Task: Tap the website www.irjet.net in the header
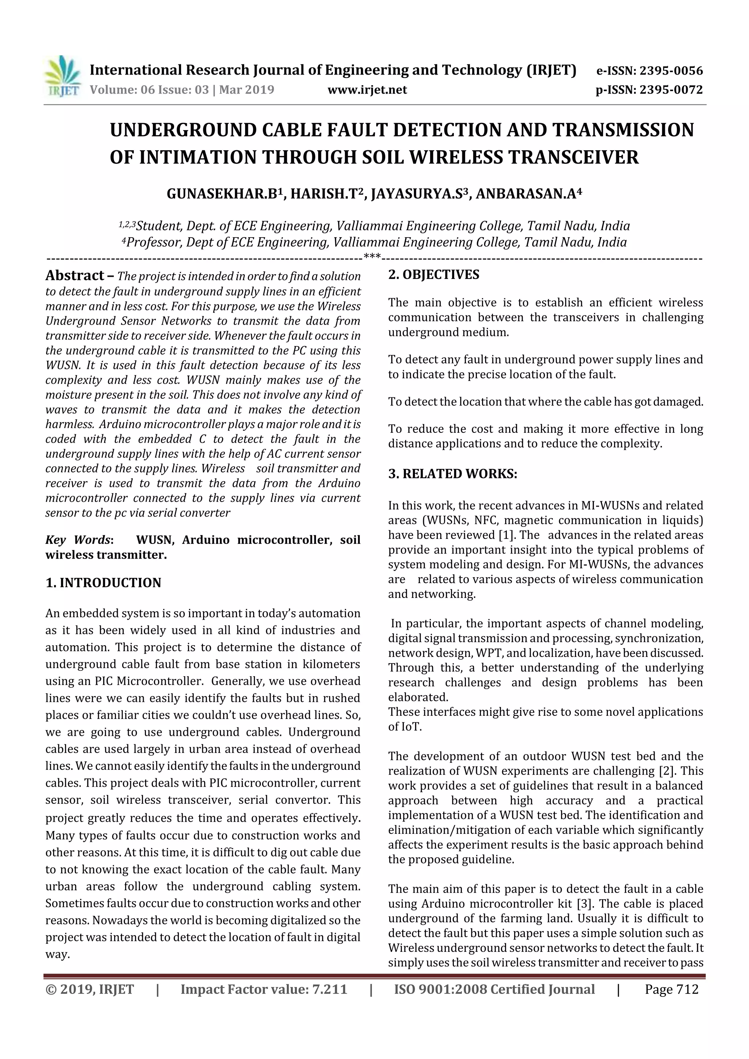click(x=367, y=90)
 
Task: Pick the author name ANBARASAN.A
click(x=526, y=194)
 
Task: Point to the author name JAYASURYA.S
click(x=417, y=194)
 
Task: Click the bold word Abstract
click(x=74, y=276)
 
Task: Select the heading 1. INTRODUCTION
click(x=103, y=583)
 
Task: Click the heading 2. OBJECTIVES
click(x=433, y=275)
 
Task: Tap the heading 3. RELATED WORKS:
click(x=452, y=474)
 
